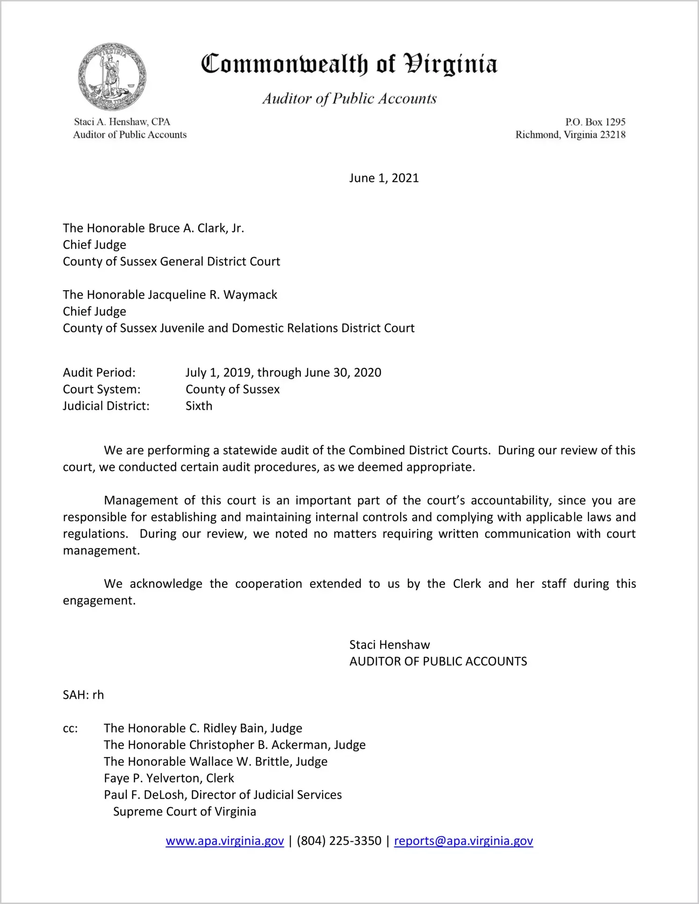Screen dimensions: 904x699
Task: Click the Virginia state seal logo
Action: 112,77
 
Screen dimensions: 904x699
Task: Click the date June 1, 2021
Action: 384,178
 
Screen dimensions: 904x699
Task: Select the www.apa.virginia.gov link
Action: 225,841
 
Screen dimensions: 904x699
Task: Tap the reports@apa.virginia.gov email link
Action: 463,841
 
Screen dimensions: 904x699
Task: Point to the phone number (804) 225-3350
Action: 339,841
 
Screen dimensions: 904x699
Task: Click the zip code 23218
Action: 612,135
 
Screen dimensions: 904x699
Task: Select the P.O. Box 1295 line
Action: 595,122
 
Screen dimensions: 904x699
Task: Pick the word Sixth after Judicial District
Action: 199,406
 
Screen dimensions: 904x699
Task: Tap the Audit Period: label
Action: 99,373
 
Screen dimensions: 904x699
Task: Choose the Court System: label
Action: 102,390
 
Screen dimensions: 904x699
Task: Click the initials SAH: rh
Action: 83,695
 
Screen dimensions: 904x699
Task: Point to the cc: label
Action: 70,728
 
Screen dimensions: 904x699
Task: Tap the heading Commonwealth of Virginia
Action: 349,64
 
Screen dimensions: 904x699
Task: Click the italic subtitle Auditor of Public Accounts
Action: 349,99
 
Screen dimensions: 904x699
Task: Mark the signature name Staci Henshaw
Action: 389,645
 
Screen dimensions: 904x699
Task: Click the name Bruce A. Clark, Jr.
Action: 196,228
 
